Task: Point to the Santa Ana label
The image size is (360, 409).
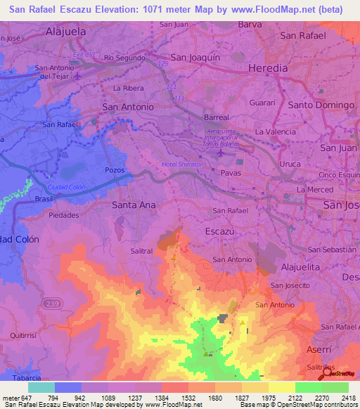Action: pyautogui.click(x=135, y=204)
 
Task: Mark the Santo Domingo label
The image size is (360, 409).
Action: pyautogui.click(x=321, y=105)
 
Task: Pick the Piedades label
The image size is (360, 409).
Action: pyautogui.click(x=64, y=216)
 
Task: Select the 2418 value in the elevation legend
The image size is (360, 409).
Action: pyautogui.click(x=347, y=398)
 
